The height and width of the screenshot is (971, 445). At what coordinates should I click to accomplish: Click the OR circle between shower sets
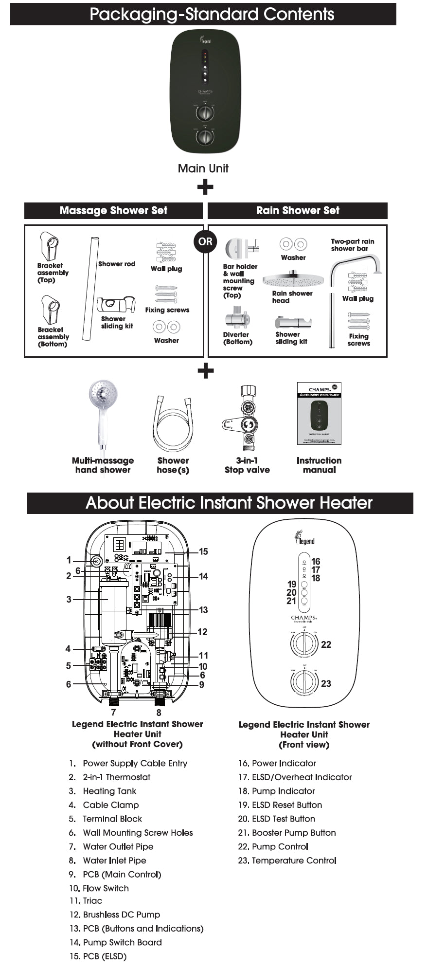coord(205,241)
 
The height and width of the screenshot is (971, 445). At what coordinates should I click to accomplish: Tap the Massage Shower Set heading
coord(113,211)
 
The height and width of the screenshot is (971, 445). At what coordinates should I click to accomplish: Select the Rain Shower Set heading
coord(298,211)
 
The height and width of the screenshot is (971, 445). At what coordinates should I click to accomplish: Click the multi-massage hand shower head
coord(103,396)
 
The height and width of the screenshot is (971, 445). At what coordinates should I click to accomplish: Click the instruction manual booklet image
coord(319,414)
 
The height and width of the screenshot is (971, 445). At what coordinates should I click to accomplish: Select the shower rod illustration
coord(90,289)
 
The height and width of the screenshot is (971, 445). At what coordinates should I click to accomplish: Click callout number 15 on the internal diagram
coord(203,551)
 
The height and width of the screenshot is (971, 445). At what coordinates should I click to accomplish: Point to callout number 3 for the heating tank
coord(69,599)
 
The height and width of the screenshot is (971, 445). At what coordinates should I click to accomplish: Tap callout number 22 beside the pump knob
coord(326,644)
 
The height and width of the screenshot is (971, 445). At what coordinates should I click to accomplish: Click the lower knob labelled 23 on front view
coord(304,682)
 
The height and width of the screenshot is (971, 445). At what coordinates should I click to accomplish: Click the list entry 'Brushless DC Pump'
coord(115,915)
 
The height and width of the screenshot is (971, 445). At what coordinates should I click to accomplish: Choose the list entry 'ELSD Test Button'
coord(277,819)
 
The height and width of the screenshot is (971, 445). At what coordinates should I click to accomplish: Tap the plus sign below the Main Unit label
coord(206,187)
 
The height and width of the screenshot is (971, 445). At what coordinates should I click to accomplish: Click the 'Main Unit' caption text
coord(203,168)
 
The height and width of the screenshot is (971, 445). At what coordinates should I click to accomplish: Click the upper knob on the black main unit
coord(205,113)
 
